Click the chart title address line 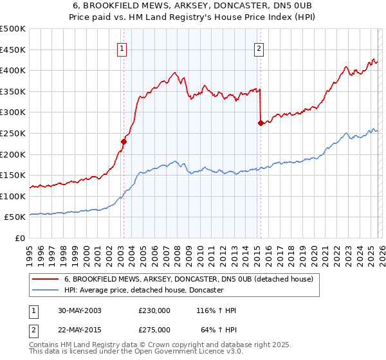click(x=193, y=6)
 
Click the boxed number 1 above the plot click(x=122, y=47)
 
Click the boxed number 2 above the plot click(x=259, y=47)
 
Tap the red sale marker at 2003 click(x=124, y=141)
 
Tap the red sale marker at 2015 click(x=261, y=123)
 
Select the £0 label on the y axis click(x=19, y=238)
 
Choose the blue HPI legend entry click(x=143, y=290)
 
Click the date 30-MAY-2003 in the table click(x=79, y=310)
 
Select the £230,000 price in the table click(x=154, y=310)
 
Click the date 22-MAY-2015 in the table click(x=79, y=329)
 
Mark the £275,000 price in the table click(x=154, y=329)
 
